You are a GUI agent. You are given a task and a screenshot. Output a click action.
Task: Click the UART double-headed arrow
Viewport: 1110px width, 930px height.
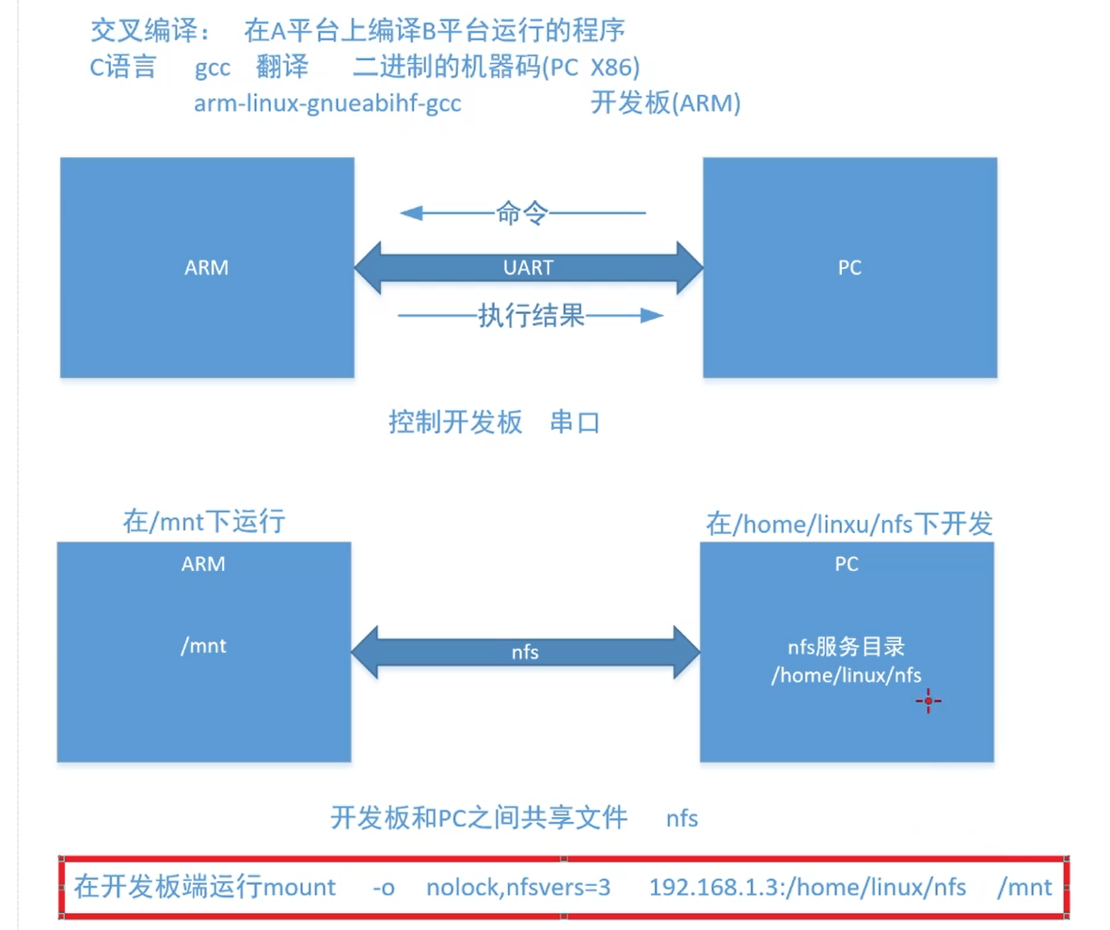coord(528,268)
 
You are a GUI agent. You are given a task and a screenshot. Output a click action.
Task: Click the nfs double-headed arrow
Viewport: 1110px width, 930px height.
coord(526,651)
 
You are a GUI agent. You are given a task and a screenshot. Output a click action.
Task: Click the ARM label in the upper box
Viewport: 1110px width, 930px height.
coord(206,268)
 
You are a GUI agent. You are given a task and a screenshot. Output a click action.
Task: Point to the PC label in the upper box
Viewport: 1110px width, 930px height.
coord(848,268)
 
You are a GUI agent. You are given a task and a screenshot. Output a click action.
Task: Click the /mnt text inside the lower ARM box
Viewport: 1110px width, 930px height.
coord(203,646)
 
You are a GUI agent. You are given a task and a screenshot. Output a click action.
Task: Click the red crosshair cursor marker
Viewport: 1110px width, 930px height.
coord(928,701)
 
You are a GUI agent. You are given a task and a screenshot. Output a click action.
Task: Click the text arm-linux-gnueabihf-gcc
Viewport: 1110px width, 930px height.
coord(327,103)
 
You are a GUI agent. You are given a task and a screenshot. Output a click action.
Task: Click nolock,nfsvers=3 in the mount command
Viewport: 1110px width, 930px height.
coord(518,886)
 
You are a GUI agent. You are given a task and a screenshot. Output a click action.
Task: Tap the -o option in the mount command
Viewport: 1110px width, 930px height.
coord(383,886)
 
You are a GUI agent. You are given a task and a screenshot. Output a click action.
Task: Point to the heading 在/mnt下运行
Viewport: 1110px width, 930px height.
coord(203,523)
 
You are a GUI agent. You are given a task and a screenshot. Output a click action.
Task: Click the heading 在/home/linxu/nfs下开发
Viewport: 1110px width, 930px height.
coord(848,524)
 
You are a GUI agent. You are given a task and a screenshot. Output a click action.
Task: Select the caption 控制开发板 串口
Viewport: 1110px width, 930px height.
coord(494,423)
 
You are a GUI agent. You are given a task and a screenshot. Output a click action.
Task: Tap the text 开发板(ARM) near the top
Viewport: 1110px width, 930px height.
coord(665,103)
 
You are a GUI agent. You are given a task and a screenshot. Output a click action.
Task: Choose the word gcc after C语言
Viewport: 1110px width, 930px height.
coord(213,68)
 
